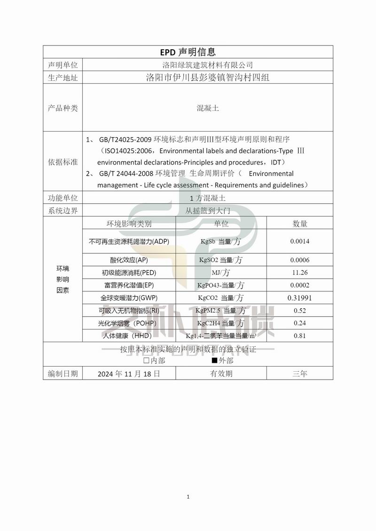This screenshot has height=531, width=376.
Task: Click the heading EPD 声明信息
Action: coord(188,52)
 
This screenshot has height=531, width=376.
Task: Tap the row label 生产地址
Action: coord(63,78)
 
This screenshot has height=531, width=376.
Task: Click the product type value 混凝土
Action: coord(207,108)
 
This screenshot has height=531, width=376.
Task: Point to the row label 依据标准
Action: coord(63,162)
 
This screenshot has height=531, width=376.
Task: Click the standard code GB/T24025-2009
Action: coord(125,140)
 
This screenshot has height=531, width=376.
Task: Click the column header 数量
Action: coord(300,224)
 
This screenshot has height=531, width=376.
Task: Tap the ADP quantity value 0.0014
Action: coord(300,242)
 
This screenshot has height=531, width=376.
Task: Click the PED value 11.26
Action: coord(300,273)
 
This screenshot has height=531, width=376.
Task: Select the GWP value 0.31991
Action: coord(300,298)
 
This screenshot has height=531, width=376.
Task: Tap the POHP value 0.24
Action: coord(300,323)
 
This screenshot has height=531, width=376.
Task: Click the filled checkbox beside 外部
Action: coord(214,360)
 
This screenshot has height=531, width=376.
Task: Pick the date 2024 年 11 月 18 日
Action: coord(129,374)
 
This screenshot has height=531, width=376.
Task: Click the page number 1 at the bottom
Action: coord(188,497)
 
